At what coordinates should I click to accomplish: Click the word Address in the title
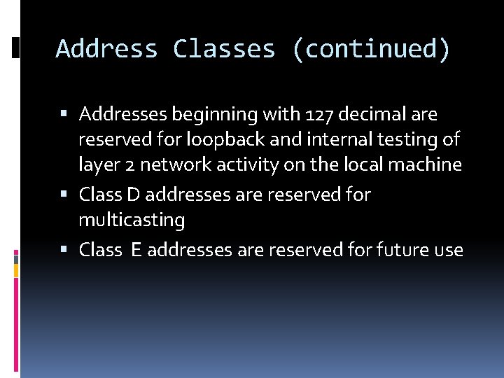pos(106,50)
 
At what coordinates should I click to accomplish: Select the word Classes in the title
pos(224,50)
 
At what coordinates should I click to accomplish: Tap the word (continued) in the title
pos(372,50)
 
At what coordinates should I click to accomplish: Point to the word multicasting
pos(132,220)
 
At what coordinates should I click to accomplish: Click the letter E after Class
pos(134,249)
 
